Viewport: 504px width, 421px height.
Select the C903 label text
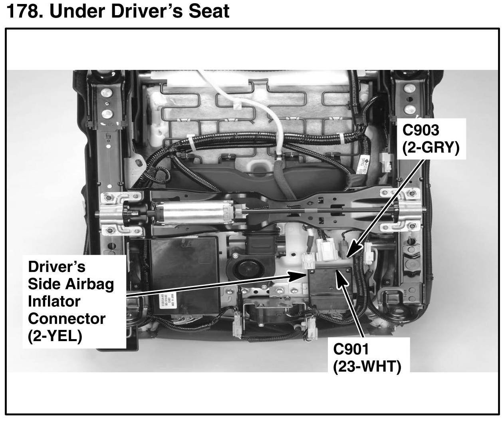(x=421, y=130)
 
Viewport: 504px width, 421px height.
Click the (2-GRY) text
(x=431, y=148)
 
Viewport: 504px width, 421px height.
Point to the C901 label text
(x=351, y=349)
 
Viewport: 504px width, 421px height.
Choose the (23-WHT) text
(x=367, y=366)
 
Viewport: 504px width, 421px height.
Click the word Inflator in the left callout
(x=54, y=301)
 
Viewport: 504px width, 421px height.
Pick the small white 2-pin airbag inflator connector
(x=309, y=262)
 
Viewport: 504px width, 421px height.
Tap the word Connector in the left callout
(x=67, y=319)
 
